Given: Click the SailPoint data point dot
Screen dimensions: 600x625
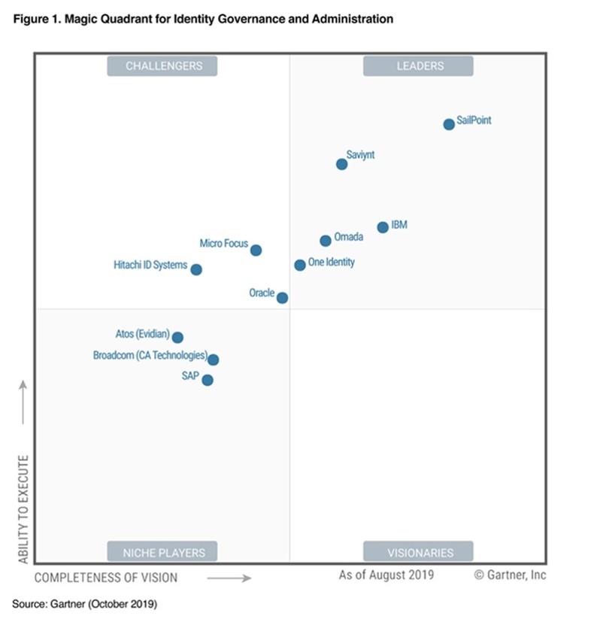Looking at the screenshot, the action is pos(449,124).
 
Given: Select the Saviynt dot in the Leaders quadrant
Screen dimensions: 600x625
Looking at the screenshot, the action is pos(341,164).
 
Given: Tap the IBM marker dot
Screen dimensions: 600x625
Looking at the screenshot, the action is pos(383,227).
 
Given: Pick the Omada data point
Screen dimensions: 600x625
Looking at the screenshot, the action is pos(325,241).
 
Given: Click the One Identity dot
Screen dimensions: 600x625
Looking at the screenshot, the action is pos(299,265).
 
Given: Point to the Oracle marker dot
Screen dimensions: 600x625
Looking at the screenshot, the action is pos(282,298).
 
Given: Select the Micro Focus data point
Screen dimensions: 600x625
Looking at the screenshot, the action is pos(256,250).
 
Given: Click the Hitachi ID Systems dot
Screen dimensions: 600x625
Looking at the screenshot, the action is pos(196,269).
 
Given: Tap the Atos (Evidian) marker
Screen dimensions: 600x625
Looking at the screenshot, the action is pos(177,338).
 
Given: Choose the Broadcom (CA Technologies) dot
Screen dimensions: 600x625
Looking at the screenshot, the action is pos(213,360).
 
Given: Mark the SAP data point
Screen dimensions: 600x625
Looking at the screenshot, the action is pos(208,380).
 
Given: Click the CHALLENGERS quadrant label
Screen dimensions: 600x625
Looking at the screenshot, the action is pos(162,65).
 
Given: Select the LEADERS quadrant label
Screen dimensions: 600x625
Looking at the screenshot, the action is pos(418,65).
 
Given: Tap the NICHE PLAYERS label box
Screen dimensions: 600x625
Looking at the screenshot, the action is pos(162,551).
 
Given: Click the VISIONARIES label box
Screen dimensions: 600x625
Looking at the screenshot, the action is pos(418,551).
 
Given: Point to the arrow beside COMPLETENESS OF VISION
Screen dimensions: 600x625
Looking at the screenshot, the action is pos(229,578).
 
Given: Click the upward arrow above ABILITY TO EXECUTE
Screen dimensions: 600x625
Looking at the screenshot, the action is pos(23,402).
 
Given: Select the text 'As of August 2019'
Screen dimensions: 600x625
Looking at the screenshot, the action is pos(386,575).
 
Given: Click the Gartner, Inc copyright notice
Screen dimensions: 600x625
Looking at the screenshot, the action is pos(511,575).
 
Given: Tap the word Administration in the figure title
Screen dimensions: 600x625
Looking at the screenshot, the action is pos(353,19).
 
